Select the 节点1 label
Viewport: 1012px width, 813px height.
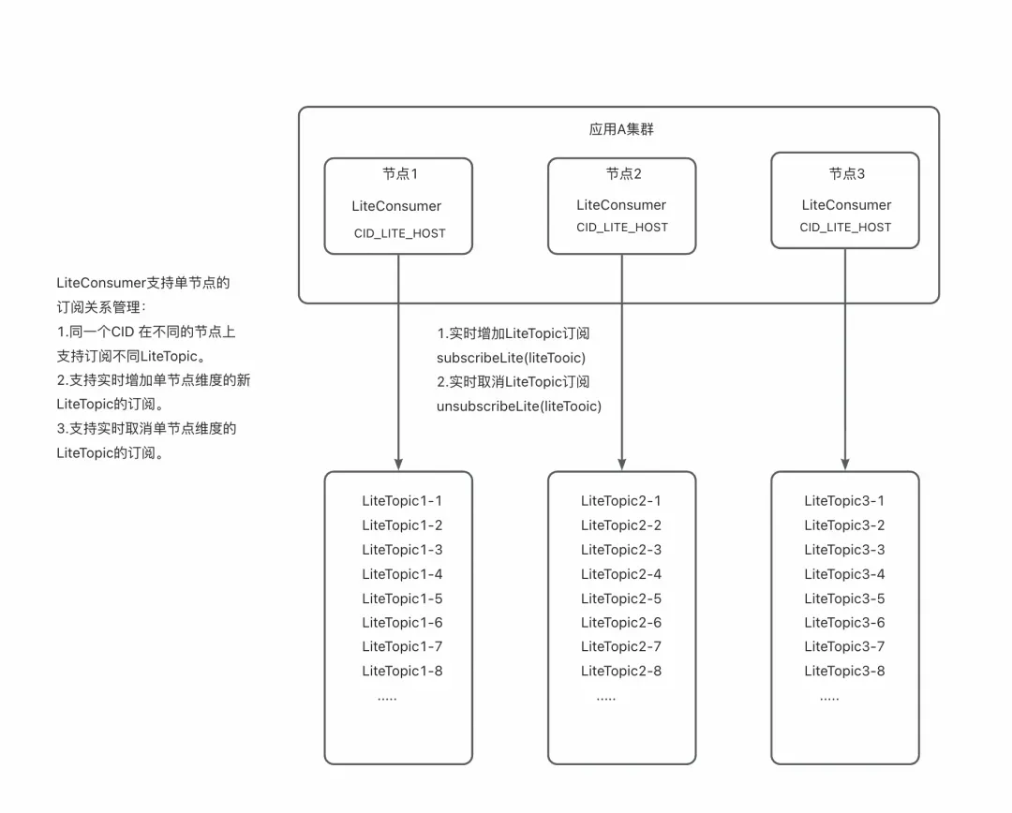399,174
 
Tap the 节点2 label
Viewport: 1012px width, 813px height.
623,173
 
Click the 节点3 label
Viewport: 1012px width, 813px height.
846,173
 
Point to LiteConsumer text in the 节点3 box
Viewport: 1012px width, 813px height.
846,205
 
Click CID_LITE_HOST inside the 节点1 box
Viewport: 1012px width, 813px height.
399,233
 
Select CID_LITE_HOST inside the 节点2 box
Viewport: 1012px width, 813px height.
622,228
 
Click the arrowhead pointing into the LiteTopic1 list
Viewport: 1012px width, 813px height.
398,463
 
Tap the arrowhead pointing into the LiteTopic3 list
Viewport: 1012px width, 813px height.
845,463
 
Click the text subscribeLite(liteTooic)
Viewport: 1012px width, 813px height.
511,358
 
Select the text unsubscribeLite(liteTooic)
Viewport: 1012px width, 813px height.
518,406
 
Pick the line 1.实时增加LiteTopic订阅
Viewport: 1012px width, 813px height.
513,333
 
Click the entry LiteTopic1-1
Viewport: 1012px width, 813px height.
402,501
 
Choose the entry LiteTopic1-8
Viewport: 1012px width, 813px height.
402,671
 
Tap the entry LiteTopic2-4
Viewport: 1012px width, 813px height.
620,574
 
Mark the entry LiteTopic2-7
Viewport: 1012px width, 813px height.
620,646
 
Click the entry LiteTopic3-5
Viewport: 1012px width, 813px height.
844,599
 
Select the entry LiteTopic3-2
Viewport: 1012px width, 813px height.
844,525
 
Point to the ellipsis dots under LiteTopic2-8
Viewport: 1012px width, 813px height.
605,698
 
